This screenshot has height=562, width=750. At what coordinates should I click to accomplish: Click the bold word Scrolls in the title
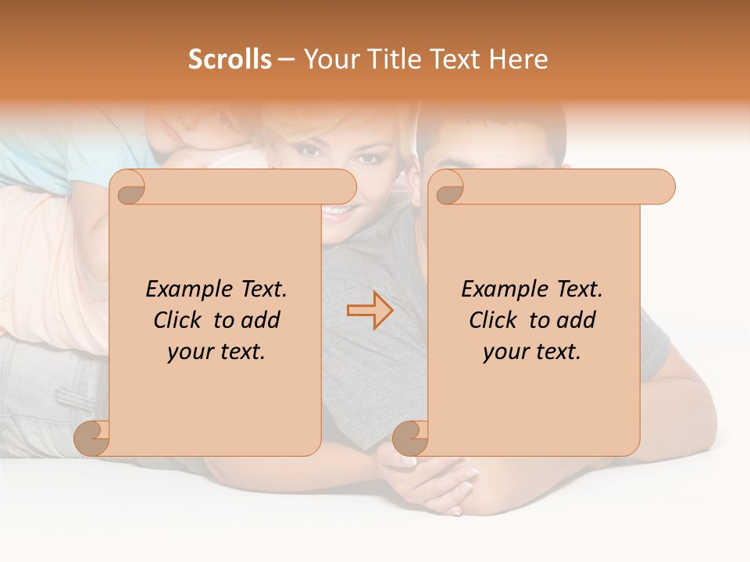(x=230, y=59)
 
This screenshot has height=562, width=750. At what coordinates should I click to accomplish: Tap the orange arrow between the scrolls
(x=370, y=311)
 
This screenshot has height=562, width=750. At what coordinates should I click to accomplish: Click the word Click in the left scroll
(x=180, y=320)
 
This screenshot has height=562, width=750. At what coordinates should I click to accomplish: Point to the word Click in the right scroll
(x=496, y=320)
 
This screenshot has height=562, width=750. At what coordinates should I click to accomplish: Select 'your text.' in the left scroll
(x=216, y=351)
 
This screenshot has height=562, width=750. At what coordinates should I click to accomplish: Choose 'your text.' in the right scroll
(x=532, y=351)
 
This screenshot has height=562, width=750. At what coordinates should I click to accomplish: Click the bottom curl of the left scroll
(x=92, y=438)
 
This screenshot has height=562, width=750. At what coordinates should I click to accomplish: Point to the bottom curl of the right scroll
(x=410, y=438)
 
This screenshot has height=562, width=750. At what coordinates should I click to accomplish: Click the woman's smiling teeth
(x=337, y=211)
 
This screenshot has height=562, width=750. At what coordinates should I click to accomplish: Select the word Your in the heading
(x=329, y=59)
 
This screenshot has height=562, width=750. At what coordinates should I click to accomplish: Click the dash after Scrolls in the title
(x=286, y=59)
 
